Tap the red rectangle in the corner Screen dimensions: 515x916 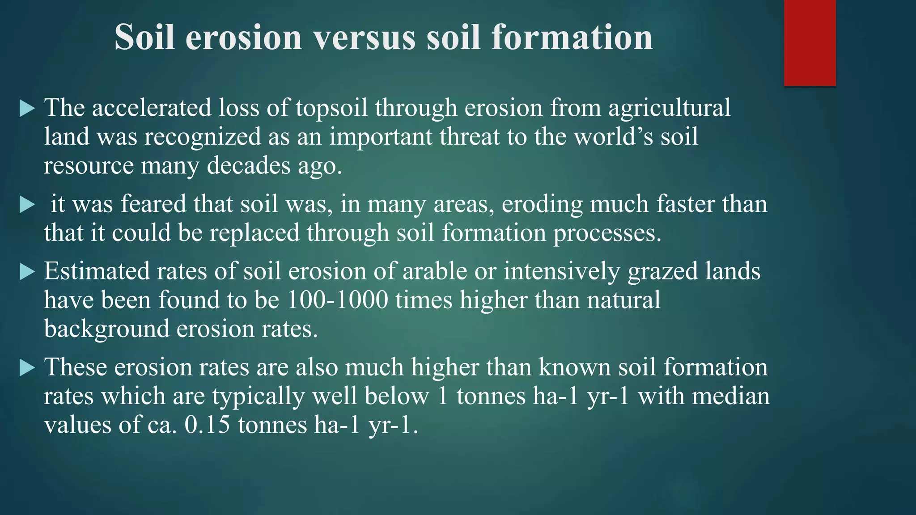pos(810,42)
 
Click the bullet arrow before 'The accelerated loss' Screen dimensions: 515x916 pos(27,109)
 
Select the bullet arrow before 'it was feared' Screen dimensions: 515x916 pos(27,205)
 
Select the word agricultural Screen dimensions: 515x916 pos(669,109)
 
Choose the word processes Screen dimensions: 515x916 pos(607,233)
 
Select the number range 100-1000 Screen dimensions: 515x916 pos(337,300)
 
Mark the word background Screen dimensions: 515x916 pos(106,329)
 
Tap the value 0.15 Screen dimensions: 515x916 pos(207,425)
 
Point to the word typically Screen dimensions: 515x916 pos(258,397)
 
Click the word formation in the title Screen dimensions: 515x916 pos(572,38)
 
